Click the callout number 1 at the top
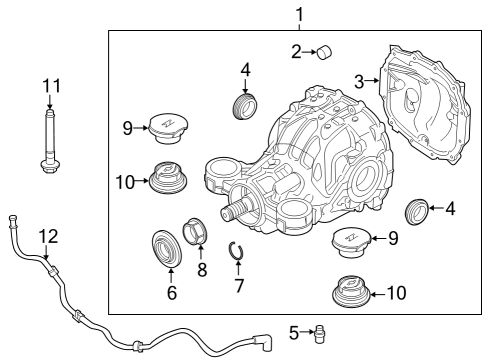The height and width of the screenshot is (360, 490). tap(298, 14)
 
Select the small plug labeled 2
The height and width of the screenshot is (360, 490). tap(323, 52)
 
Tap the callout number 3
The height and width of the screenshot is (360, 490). tap(359, 81)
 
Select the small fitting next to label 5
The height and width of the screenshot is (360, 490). tap(321, 331)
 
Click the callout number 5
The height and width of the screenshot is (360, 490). tap(295, 331)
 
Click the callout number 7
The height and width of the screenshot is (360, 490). tap(238, 286)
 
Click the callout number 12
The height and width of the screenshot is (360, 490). tap(48, 236)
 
